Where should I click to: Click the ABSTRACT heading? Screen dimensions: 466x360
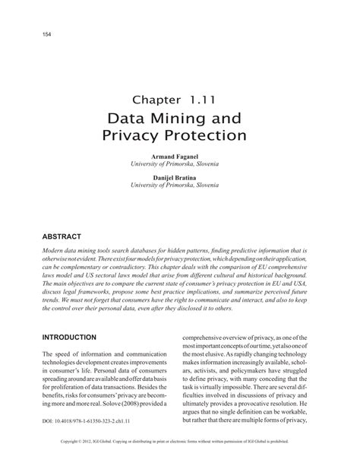[x=62, y=236]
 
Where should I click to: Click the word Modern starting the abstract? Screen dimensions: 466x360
[x=55, y=250]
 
